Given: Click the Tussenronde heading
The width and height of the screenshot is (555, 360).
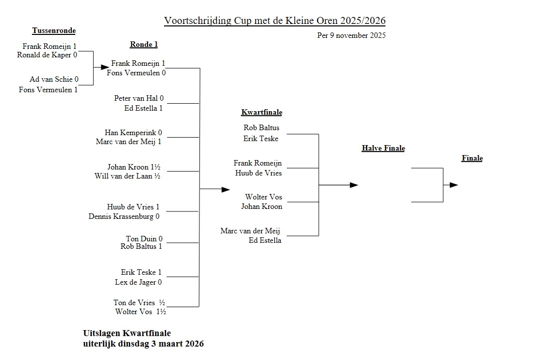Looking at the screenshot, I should coord(54,31).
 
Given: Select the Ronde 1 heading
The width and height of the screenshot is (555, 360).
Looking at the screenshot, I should coord(144,44).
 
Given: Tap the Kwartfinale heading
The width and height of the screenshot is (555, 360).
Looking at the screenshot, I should coord(261,112).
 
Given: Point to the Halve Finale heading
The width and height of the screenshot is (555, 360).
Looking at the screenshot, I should coord(383,148).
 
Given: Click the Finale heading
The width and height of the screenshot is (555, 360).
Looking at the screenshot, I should coord(472,159).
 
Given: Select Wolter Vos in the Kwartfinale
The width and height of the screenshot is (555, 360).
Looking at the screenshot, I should coord(263,197).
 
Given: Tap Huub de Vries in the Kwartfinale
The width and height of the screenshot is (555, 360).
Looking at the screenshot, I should coord(258,173).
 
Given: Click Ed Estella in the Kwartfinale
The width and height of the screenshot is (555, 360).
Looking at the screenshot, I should coord(265,240).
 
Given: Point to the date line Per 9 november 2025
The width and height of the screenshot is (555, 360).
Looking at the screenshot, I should coord(351,35).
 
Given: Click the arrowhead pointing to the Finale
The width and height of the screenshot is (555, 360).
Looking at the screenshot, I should coord(453,185).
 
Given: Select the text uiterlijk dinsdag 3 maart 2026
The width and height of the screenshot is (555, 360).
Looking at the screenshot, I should coord(143,344).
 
